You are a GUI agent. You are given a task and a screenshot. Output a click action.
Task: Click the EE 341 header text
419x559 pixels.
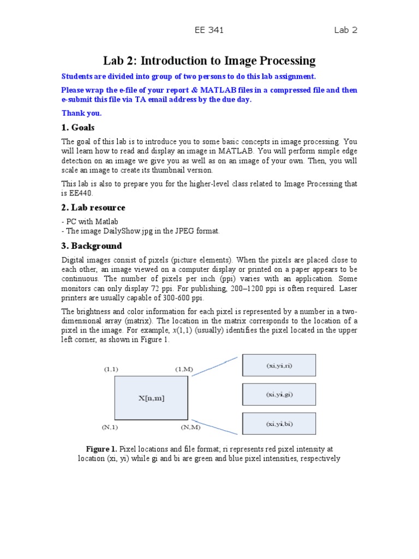click(x=209, y=30)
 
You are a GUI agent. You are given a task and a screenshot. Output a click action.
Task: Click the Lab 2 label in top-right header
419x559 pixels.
click(x=345, y=30)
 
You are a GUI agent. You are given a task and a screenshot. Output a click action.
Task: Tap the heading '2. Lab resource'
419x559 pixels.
click(x=93, y=207)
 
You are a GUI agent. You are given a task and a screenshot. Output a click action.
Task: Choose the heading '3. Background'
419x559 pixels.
click(x=92, y=246)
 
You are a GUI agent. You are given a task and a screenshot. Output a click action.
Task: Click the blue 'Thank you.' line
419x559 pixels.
click(x=81, y=113)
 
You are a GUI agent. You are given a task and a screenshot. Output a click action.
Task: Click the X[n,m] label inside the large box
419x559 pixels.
click(x=151, y=398)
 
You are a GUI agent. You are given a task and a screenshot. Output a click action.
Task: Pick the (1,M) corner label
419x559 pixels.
click(x=184, y=370)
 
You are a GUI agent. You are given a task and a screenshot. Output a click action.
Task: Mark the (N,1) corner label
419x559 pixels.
click(x=110, y=427)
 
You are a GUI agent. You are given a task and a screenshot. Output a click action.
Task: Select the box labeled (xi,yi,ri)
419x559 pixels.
click(x=279, y=366)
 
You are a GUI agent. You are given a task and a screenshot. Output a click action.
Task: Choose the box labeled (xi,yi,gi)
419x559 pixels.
click(x=279, y=394)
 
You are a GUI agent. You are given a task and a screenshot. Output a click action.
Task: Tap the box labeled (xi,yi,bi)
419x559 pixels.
click(x=279, y=424)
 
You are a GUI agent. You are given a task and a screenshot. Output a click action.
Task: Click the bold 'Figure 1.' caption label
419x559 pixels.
click(x=101, y=449)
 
